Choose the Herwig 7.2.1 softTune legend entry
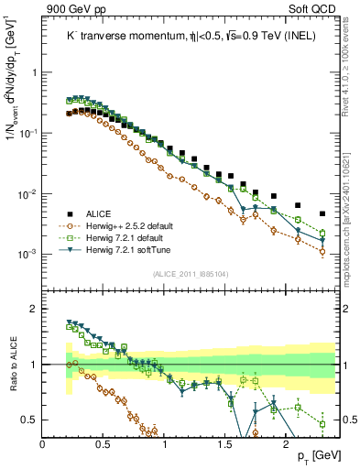point(125,248)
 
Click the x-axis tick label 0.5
point(104,443)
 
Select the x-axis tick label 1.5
point(225,443)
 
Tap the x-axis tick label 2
point(287,443)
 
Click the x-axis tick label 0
point(43,443)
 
